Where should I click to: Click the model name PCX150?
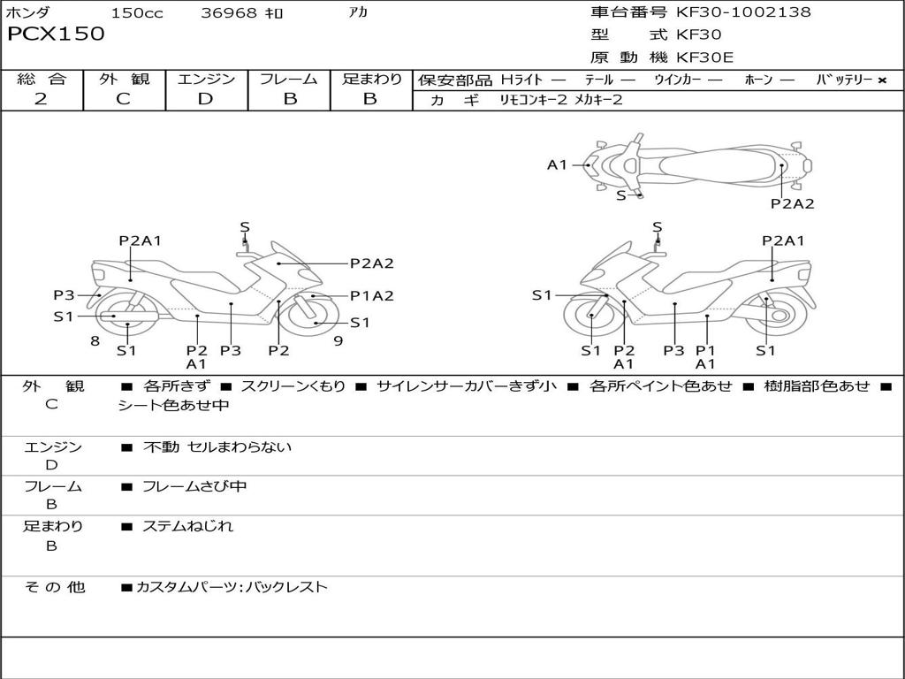[x=56, y=34]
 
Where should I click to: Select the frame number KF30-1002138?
[x=743, y=12]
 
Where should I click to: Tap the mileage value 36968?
[x=229, y=13]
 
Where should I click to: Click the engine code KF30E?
[x=704, y=58]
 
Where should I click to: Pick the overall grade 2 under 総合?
[x=41, y=99]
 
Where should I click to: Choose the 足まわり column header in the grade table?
[x=372, y=79]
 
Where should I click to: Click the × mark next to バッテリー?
[x=881, y=80]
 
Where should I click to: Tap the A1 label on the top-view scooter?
[x=557, y=164]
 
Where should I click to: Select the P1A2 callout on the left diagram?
[x=371, y=296]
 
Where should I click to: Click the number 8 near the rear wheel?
[x=95, y=340]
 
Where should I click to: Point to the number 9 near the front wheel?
[x=338, y=340]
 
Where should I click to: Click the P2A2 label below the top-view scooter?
[x=792, y=203]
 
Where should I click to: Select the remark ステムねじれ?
[x=188, y=526]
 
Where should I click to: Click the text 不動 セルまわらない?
[x=217, y=447]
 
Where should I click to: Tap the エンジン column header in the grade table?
[x=206, y=79]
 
